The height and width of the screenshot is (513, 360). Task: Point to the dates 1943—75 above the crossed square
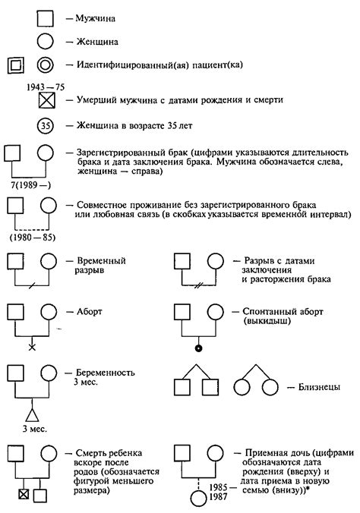click(46, 85)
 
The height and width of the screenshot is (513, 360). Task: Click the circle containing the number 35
click(47, 126)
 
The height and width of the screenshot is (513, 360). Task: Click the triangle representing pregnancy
click(31, 414)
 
